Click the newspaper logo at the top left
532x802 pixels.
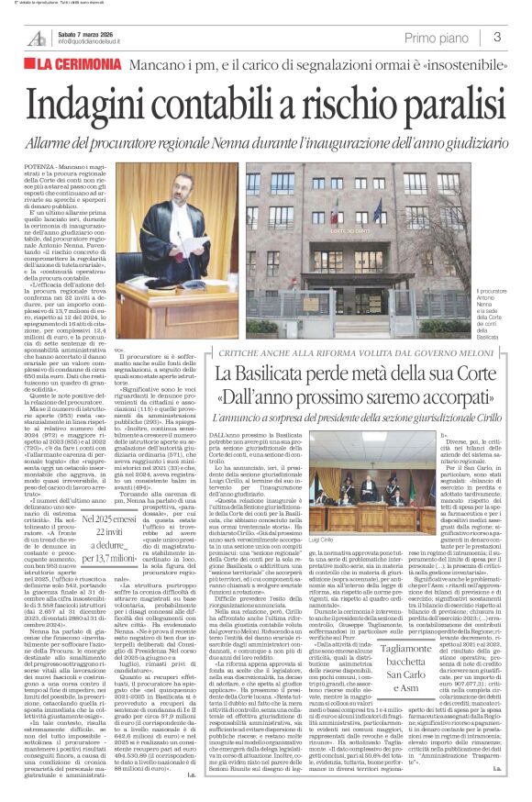(36, 38)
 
